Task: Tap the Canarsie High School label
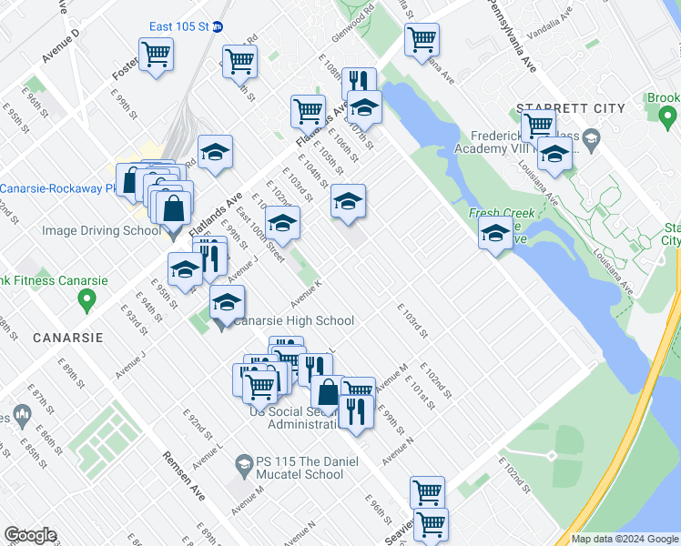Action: coord(294,320)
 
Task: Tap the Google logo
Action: coord(31,535)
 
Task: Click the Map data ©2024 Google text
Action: coord(625,539)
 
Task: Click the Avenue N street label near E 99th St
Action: coord(398,451)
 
